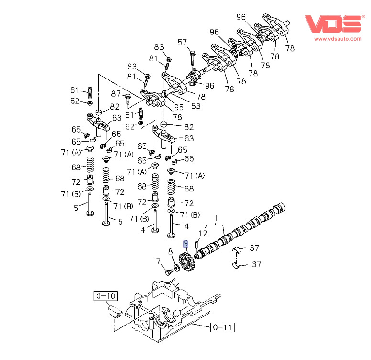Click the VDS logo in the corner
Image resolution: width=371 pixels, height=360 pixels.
[333, 23]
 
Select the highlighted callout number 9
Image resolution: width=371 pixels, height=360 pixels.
[187, 244]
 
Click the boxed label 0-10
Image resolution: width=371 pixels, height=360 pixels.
[105, 296]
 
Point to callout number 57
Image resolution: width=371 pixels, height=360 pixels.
[183, 43]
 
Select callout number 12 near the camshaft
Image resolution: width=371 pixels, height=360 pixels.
[203, 233]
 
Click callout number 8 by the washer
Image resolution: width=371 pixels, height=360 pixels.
[170, 251]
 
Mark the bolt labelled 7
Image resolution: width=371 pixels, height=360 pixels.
[168, 271]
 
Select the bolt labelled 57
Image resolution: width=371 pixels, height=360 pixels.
[192, 58]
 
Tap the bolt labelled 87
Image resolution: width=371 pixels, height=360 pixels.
[128, 98]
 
